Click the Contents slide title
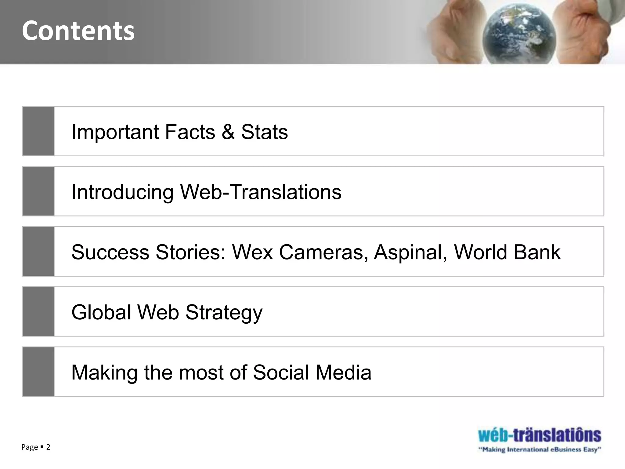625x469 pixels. point(78,31)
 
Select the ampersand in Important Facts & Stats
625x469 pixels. point(228,132)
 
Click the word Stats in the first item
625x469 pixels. point(264,132)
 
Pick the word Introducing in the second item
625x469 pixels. point(122,192)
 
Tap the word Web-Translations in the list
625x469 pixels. point(261,192)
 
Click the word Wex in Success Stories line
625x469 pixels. point(252,252)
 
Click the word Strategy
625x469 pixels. point(224,313)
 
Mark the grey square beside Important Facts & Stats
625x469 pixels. point(38,131)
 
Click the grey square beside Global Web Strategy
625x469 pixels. point(38,311)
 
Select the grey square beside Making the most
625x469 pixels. point(38,372)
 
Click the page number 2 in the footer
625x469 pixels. point(48,447)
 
